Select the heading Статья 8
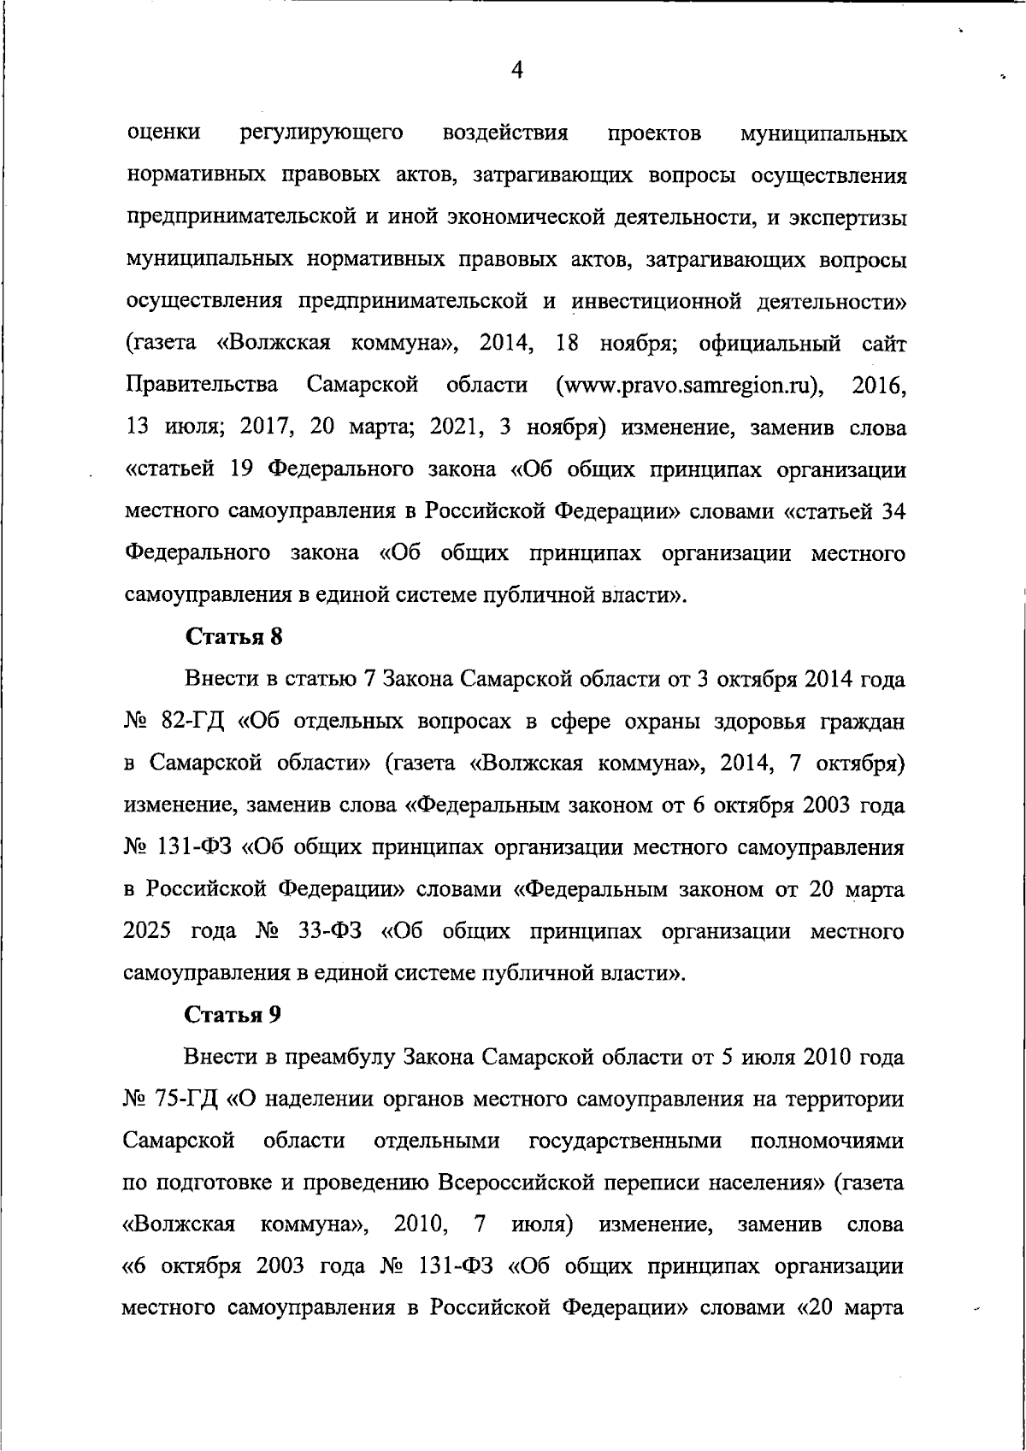[233, 637]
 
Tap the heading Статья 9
[233, 1015]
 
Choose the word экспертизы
[849, 217]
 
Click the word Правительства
[202, 386]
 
